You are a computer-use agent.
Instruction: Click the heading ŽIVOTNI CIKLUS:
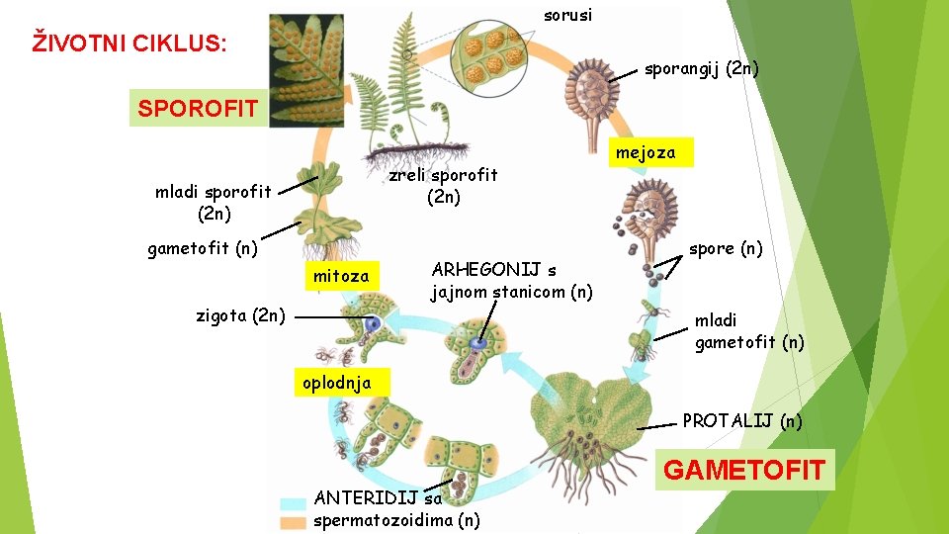click(129, 44)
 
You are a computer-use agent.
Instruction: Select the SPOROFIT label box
click(198, 108)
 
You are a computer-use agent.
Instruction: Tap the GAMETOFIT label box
click(744, 470)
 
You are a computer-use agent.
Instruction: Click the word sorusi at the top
click(568, 15)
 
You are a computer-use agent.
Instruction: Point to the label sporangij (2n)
click(702, 69)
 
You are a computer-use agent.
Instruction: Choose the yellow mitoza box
click(341, 277)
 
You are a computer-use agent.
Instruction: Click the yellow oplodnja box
click(337, 383)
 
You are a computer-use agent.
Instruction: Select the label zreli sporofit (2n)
click(443, 186)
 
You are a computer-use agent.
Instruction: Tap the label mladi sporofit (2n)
click(214, 202)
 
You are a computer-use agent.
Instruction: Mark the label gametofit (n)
click(203, 249)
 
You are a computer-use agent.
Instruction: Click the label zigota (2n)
click(241, 316)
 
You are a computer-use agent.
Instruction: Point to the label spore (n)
click(726, 248)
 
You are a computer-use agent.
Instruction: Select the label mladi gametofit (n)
click(749, 331)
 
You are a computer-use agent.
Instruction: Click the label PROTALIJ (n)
click(742, 421)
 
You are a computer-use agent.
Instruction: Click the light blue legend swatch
click(293, 502)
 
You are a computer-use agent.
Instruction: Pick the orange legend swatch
click(293, 521)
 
